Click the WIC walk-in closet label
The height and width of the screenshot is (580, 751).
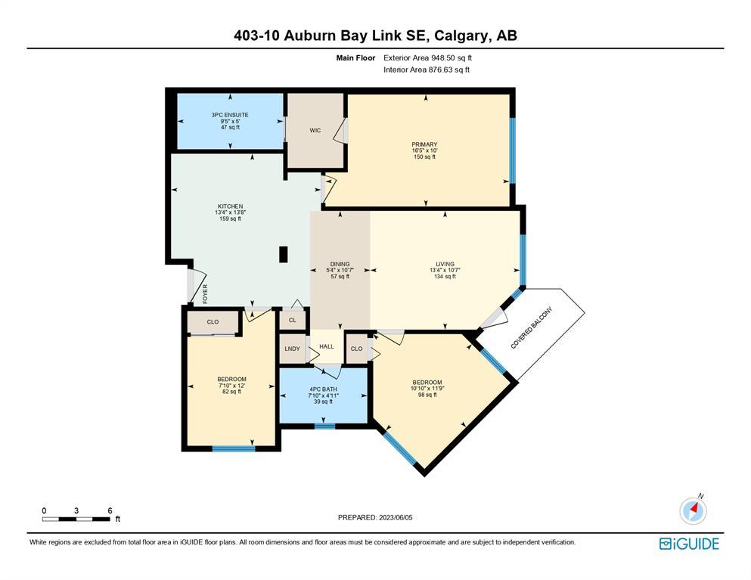coord(315,130)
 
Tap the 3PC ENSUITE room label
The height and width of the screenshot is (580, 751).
coord(230,115)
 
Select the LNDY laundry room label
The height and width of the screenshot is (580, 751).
coord(292,349)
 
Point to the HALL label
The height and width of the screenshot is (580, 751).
coord(327,346)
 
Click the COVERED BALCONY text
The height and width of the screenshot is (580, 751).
coord(532,327)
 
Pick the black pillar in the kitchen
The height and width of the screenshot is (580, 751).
coord(284,254)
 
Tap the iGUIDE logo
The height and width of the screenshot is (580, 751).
coord(689,544)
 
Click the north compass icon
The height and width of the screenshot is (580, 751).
coord(693,510)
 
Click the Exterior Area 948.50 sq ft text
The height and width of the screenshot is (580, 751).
coord(428,58)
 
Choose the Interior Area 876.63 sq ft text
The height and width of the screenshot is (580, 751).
coord(427,70)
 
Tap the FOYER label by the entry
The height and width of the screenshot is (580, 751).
coord(205,293)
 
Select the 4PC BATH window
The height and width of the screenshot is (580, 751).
coord(324,426)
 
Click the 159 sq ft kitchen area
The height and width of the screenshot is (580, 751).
coord(231,219)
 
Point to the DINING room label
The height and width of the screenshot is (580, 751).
coord(340,264)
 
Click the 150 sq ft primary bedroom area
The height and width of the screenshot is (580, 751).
coord(425,157)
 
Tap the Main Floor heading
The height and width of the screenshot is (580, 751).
coord(356,58)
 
